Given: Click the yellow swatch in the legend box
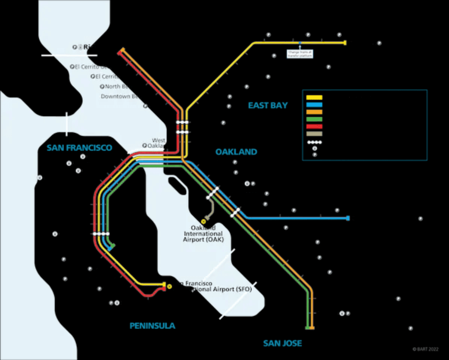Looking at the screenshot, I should [x=314, y=97].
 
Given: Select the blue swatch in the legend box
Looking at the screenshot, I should [x=314, y=104].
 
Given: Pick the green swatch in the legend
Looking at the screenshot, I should [x=314, y=119].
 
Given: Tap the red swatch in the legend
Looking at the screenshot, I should [x=314, y=126].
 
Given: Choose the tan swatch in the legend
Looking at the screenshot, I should [x=314, y=134].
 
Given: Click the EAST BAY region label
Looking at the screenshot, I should [x=268, y=105].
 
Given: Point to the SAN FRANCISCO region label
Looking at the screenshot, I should [x=79, y=148].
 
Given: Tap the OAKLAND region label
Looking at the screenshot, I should [x=236, y=152].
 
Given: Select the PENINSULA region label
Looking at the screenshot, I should [x=152, y=326].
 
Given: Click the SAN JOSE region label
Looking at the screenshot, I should [x=282, y=343].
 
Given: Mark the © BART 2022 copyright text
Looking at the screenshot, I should [x=425, y=349].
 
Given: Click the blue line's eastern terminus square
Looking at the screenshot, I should [x=348, y=218].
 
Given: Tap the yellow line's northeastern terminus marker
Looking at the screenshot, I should [x=345, y=43].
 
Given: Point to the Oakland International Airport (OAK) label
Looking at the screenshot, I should [x=203, y=234].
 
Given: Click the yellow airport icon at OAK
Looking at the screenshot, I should [x=204, y=221].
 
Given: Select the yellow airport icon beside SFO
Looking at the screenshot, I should [x=169, y=286].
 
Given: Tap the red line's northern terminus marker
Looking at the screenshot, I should [x=119, y=53].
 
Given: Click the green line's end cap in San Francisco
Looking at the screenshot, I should [x=113, y=246].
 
